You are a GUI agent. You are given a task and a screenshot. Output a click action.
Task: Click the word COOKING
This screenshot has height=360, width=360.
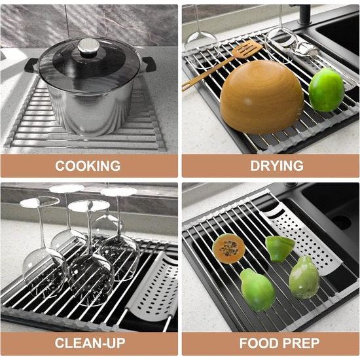tap(88, 166)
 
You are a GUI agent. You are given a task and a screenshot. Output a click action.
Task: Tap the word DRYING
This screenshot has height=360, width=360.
tap(277, 166)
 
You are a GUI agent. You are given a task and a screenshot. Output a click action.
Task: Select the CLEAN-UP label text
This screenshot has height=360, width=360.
tap(90, 343)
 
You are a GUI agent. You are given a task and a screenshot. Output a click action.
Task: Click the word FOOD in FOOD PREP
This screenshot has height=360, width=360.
tap(259, 343)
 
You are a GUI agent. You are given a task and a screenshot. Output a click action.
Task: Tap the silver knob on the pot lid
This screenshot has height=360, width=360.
tap(88, 46)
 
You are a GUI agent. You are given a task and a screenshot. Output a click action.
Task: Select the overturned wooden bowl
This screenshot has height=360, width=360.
tap(262, 97)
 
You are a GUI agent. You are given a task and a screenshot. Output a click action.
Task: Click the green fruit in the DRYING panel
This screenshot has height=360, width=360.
tap(326, 90)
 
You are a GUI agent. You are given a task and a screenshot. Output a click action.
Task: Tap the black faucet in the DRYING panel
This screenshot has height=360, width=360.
tap(304, 14)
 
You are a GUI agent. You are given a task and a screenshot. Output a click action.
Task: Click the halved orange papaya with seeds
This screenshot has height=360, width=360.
tap(228, 249)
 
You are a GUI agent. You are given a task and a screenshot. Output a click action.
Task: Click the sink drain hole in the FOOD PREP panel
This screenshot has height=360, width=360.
tap(342, 223)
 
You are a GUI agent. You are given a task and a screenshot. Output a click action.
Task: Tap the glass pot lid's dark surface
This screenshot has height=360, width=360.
tap(89, 63)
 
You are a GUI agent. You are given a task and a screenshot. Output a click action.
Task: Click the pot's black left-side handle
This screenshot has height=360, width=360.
tap(31, 66)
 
